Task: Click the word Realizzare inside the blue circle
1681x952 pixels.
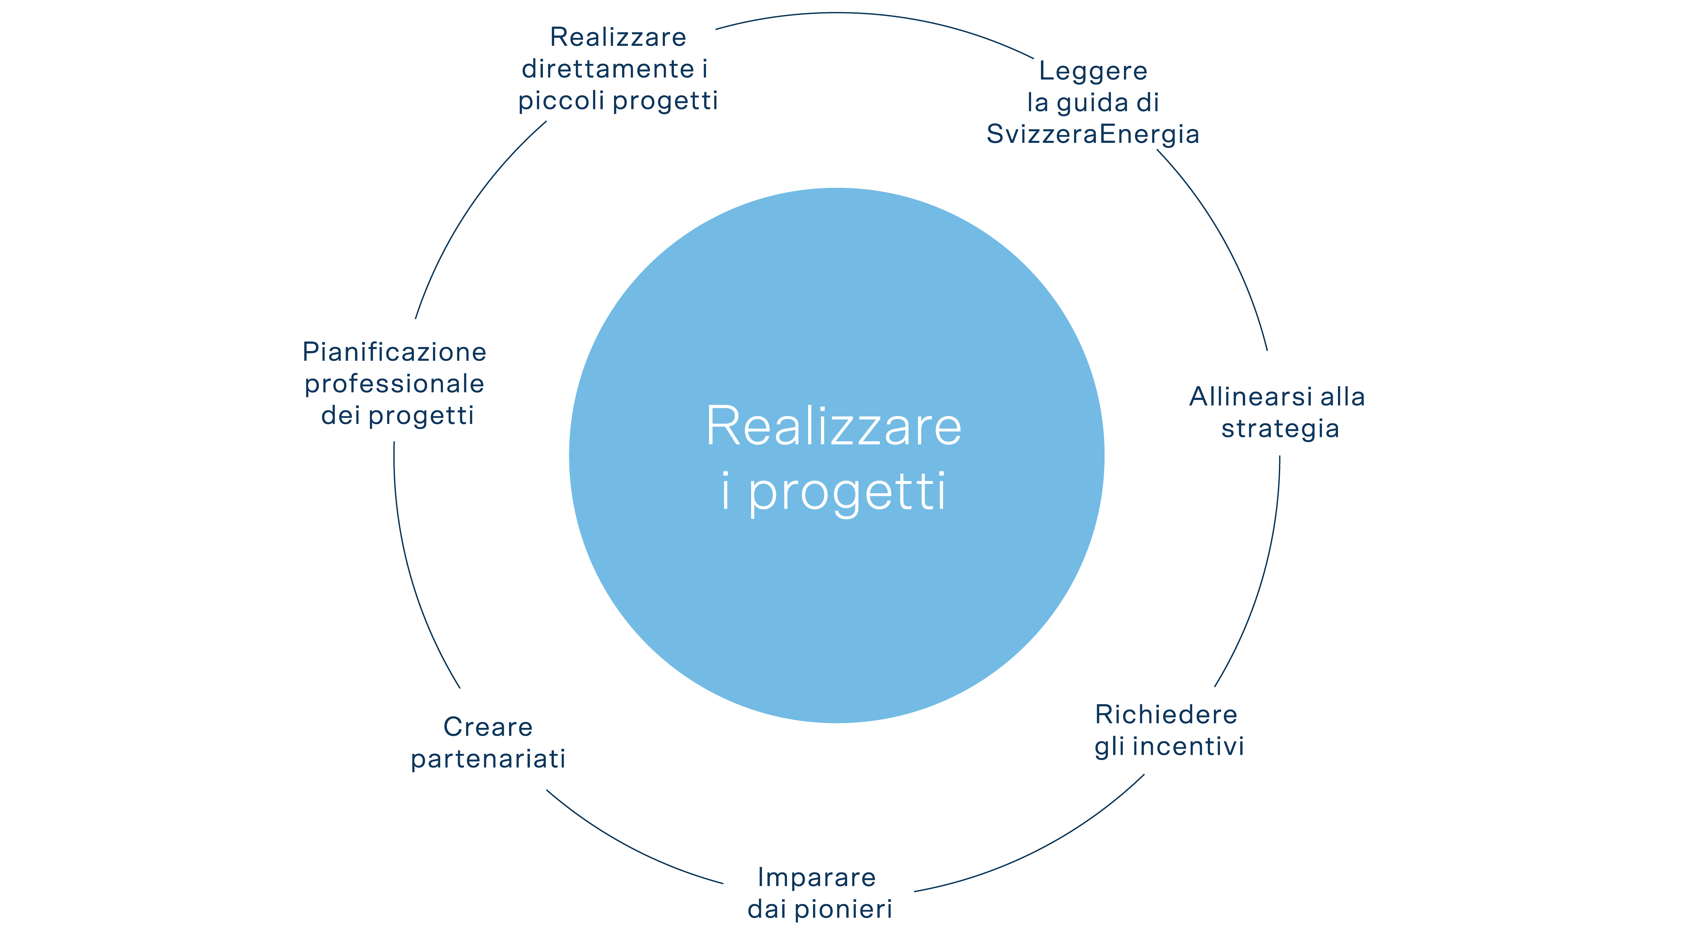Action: pyautogui.click(x=834, y=426)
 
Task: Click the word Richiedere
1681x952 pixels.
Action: pyautogui.click(x=1166, y=715)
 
